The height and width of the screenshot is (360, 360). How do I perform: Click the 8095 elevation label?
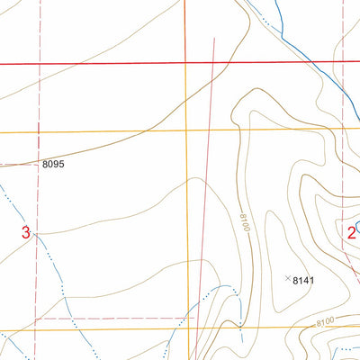[54, 165]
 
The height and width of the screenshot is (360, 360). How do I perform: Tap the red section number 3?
[26, 233]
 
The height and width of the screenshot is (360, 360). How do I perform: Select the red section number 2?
[351, 232]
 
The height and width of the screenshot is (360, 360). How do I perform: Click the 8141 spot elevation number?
[304, 280]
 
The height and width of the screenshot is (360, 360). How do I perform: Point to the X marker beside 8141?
[288, 279]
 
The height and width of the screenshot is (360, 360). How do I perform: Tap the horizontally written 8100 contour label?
[325, 321]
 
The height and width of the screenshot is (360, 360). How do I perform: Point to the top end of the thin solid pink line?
[214, 38]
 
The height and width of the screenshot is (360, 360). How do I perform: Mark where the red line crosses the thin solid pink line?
[212, 63]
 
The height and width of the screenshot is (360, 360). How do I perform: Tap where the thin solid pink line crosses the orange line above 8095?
[208, 130]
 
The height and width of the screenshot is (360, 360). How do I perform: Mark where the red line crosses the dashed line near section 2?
[343, 64]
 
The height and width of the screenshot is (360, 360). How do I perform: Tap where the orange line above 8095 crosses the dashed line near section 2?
[343, 129]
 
